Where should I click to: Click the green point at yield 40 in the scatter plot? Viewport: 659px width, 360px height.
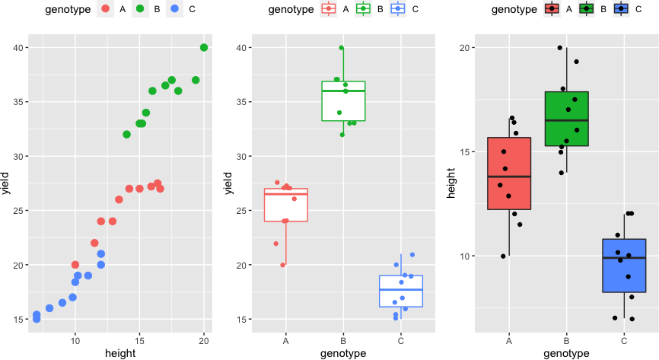[204, 47]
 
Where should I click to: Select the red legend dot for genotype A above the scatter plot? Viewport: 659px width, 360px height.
[106, 10]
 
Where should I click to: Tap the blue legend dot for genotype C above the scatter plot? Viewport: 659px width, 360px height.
[176, 10]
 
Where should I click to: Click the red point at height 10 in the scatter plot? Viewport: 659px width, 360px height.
[75, 265]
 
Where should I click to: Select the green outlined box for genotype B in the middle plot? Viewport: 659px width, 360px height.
[343, 100]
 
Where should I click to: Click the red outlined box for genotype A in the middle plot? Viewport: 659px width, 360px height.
[285, 205]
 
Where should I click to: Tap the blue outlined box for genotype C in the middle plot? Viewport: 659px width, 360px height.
[401, 292]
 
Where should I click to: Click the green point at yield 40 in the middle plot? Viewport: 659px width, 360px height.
[342, 48]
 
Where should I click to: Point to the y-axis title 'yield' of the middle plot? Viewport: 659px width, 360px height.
[229, 183]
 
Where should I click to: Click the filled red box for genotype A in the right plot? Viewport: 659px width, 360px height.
[509, 173]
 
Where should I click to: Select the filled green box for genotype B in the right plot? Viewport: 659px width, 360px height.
[567, 119]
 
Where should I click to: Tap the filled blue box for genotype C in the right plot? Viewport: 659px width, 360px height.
[624, 265]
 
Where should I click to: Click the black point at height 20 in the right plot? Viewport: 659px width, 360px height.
[560, 48]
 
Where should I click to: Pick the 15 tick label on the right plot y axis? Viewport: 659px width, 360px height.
[465, 151]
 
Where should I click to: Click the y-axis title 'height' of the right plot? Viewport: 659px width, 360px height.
[452, 183]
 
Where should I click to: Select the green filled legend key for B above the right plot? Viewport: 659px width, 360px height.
[586, 10]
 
